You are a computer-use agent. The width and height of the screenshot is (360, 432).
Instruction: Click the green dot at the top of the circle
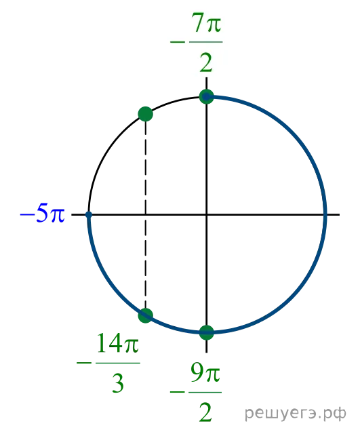[x=207, y=97]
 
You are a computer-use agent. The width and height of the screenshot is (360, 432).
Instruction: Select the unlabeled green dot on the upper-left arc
[x=146, y=114]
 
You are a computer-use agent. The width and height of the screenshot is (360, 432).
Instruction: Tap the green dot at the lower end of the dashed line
[x=146, y=315]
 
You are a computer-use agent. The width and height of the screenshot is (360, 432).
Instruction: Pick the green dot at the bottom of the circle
[x=207, y=332]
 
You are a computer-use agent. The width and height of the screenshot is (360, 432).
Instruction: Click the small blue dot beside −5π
[x=88, y=214]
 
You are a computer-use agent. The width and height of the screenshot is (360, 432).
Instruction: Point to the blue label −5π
[x=43, y=213]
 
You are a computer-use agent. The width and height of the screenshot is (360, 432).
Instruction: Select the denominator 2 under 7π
[x=206, y=62]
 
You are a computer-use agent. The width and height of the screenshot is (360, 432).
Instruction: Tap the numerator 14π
[x=118, y=343]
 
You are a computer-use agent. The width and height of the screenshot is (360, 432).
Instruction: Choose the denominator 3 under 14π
[x=118, y=383]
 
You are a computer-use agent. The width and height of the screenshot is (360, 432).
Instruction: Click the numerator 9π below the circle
[x=205, y=373]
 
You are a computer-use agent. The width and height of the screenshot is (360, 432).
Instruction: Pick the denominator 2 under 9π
[x=205, y=412]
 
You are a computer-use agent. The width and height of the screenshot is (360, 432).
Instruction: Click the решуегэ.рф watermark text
[x=296, y=413]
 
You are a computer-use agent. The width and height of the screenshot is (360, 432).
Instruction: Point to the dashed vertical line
[x=146, y=214]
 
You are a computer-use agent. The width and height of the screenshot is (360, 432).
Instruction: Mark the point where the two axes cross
[x=207, y=214]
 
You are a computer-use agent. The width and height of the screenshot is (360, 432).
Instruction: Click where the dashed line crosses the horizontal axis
[x=146, y=214]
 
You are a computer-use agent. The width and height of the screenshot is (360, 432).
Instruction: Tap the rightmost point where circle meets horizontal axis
[x=325, y=214]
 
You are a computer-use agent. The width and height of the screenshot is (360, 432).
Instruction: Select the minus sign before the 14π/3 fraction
[x=84, y=363]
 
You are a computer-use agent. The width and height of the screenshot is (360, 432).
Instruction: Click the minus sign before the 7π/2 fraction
[x=178, y=42]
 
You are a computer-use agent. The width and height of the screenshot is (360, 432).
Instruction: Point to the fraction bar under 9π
[x=205, y=392]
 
